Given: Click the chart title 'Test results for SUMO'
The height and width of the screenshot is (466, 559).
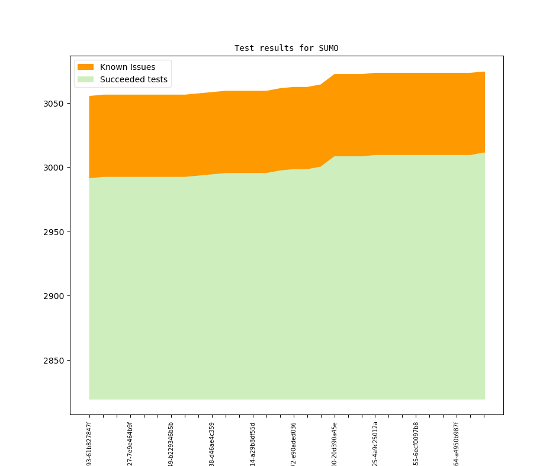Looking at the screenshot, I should (x=286, y=48).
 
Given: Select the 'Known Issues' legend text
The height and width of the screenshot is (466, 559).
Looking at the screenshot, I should (x=127, y=67).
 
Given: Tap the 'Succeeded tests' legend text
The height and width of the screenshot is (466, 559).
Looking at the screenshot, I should (x=133, y=79).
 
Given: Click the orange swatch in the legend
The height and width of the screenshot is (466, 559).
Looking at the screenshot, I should (x=85, y=67).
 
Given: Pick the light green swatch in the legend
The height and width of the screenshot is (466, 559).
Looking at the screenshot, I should (x=85, y=79).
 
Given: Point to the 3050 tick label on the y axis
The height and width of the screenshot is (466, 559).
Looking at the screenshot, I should (x=54, y=104).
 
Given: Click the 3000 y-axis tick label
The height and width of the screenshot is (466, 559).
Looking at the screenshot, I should (x=54, y=168).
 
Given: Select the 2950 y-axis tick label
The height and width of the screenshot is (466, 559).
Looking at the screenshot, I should (x=54, y=232).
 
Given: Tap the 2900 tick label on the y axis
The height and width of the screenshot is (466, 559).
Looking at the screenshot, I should (x=54, y=296).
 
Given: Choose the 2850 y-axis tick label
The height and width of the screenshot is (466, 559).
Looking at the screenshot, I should (x=54, y=361).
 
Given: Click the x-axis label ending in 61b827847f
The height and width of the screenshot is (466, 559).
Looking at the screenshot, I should (x=89, y=443).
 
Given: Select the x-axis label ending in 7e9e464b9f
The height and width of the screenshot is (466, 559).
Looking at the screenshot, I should (x=130, y=443).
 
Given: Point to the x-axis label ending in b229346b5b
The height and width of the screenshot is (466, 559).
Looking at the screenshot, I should (x=171, y=443).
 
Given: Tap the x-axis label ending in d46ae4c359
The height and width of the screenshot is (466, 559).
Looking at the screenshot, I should (x=212, y=443).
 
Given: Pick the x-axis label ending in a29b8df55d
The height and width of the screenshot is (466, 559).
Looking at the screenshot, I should (x=253, y=443).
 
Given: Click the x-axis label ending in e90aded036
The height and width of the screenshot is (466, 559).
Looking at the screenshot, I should (x=294, y=443).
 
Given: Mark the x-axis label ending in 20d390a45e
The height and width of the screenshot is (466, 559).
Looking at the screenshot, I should (x=335, y=443).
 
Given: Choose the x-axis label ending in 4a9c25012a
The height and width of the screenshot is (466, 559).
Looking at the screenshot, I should (x=375, y=443).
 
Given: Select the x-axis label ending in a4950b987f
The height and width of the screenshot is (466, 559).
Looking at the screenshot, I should (x=457, y=443).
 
